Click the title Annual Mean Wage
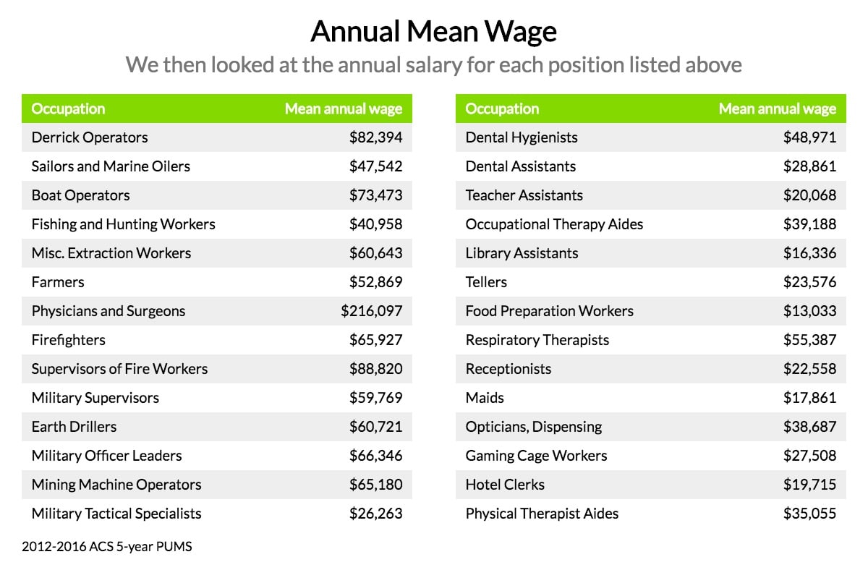pyautogui.click(x=434, y=32)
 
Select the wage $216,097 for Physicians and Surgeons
pyautogui.click(x=372, y=311)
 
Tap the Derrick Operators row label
pyautogui.click(x=90, y=137)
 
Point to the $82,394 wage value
pyautogui.click(x=375, y=137)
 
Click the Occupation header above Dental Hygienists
pyautogui.click(x=502, y=109)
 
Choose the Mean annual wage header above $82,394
pyautogui.click(x=343, y=109)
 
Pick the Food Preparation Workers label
pyautogui.click(x=549, y=311)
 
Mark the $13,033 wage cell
pyautogui.click(x=809, y=311)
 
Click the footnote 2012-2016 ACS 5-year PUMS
pyautogui.click(x=107, y=547)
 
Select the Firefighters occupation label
pyautogui.click(x=68, y=340)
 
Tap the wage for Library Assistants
pyautogui.click(x=809, y=253)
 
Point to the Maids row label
pyautogui.click(x=485, y=398)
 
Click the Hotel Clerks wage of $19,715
pyautogui.click(x=809, y=485)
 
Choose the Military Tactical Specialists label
pyautogui.click(x=116, y=514)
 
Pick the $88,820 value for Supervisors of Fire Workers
pyautogui.click(x=375, y=369)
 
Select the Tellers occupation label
pyautogui.click(x=486, y=282)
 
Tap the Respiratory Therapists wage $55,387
pyautogui.click(x=809, y=340)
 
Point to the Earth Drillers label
pyautogui.click(x=74, y=427)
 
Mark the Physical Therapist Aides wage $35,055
pyautogui.click(x=809, y=514)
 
